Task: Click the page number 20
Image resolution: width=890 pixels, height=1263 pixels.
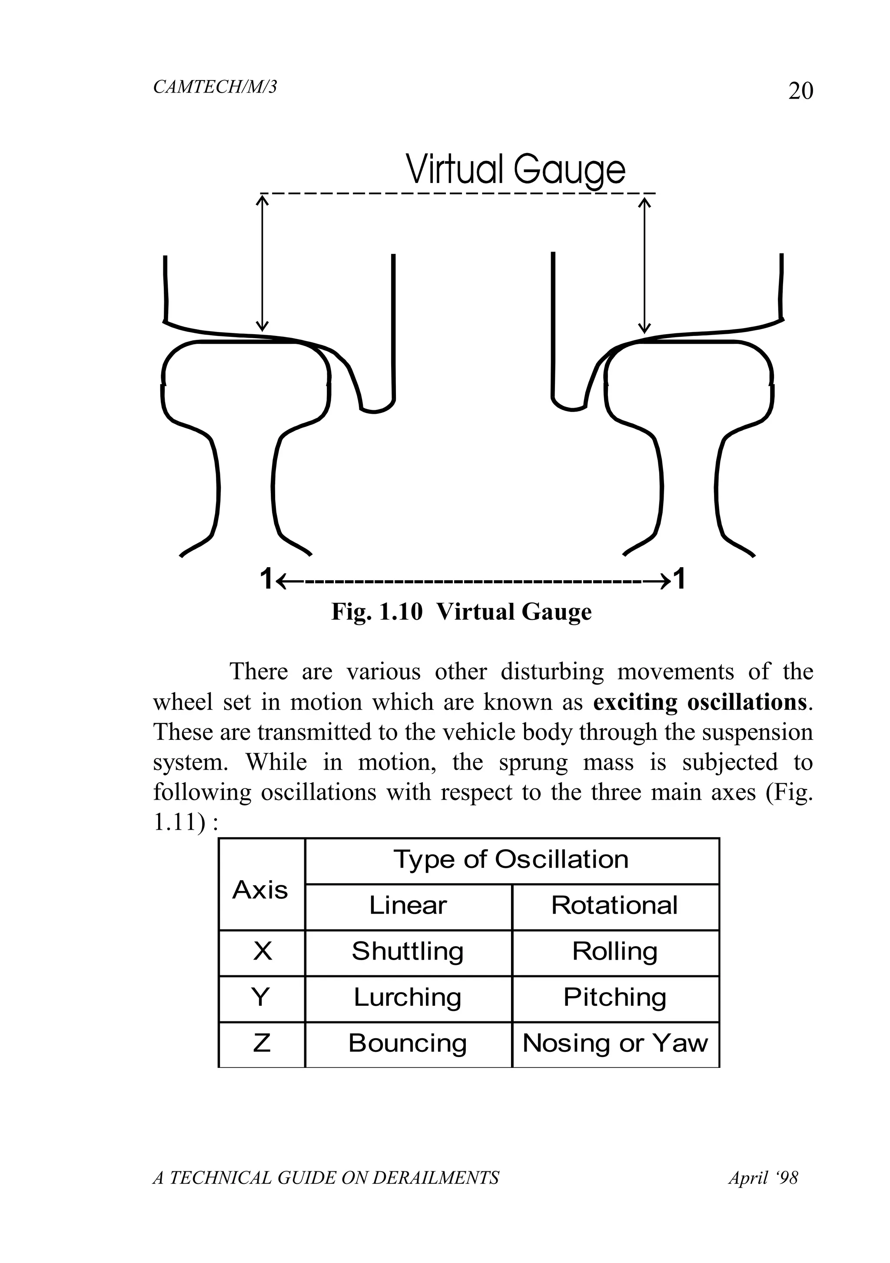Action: pos(800,91)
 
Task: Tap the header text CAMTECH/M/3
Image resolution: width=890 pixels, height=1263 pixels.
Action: pos(215,87)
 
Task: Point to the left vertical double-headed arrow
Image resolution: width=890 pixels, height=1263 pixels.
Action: pos(262,264)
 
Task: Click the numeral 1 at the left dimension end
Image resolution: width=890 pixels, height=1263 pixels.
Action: pos(266,579)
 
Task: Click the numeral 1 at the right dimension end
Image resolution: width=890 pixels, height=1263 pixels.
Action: pos(680,579)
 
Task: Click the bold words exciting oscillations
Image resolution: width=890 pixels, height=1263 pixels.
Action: pos(700,702)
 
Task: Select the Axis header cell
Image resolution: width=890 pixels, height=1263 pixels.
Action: pos(260,890)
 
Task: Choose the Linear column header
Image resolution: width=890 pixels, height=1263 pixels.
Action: pos(408,905)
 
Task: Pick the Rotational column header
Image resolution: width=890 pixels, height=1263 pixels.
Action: pos(614,905)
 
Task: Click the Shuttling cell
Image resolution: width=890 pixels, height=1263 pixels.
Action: pos(408,951)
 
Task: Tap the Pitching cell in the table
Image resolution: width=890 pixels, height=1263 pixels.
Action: pos(614,997)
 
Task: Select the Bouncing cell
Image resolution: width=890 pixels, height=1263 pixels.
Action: pos(408,1043)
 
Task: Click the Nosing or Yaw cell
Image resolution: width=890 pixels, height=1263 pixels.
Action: pos(615,1043)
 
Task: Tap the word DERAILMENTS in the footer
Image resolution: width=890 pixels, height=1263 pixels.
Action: pos(435,1178)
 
